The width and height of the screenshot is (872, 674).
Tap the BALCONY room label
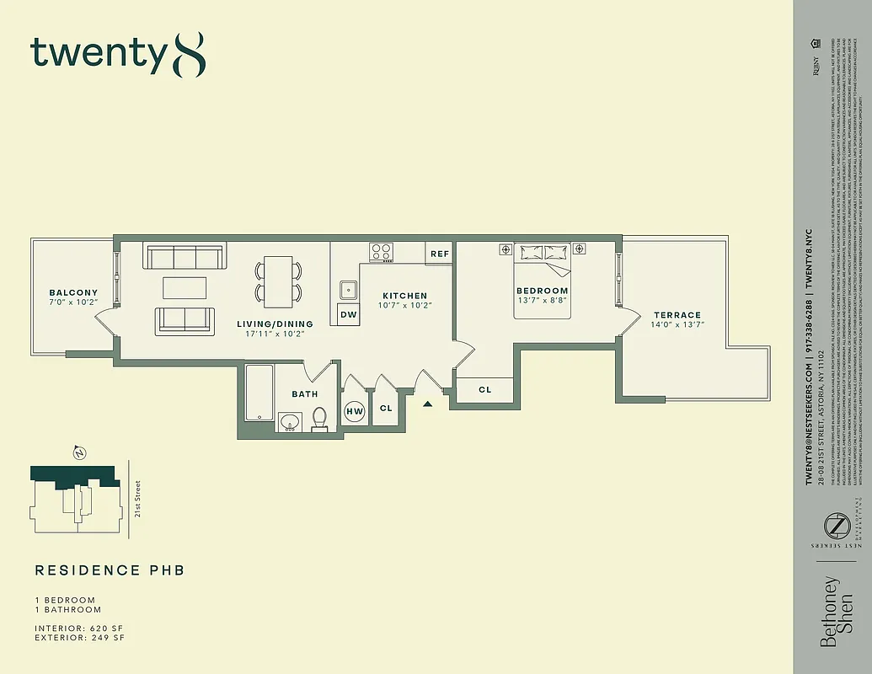[x=72, y=293]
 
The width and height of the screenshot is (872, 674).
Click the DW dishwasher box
[x=348, y=315]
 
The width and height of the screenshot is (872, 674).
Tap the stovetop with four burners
[x=382, y=252]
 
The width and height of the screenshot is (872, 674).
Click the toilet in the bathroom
[x=319, y=419]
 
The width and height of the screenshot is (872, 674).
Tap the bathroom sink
[x=289, y=421]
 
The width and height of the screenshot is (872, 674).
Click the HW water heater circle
[x=356, y=410]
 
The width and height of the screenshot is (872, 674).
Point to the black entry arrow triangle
[x=428, y=404]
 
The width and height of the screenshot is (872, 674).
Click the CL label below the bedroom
[x=484, y=390]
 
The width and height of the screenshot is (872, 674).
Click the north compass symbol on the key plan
[x=80, y=453]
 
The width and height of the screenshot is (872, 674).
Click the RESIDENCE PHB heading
[x=110, y=570]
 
